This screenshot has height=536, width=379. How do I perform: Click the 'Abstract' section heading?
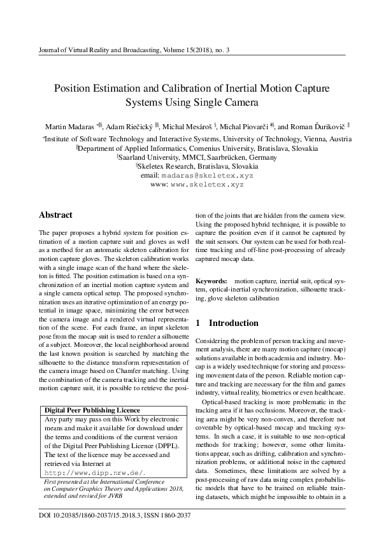click(x=55, y=215)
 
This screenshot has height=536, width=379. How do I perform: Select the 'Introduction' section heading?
click(x=234, y=323)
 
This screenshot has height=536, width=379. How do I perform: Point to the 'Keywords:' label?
click(x=210, y=281)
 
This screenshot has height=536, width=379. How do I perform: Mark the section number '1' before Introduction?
click(x=198, y=323)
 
